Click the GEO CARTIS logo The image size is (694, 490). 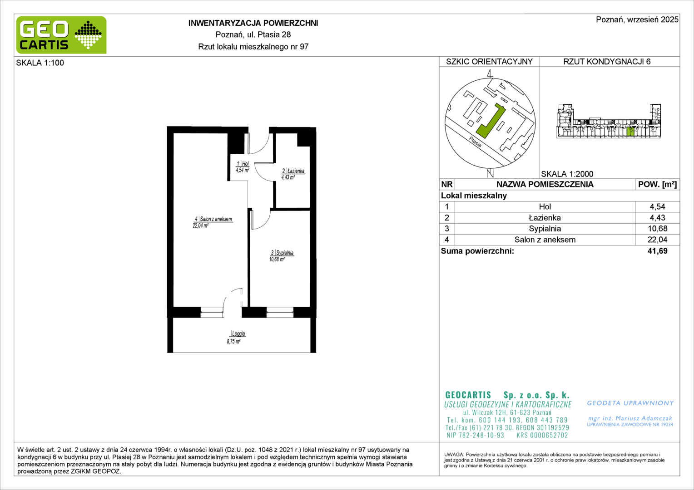pos(61,35)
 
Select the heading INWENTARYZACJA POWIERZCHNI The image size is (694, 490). pos(253,23)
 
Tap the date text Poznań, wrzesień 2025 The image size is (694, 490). pos(637,20)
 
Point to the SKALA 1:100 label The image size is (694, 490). pos(40,63)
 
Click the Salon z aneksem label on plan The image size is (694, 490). pos(216,219)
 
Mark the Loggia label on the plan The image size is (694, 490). pos(238,333)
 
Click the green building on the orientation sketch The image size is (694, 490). pos(490,122)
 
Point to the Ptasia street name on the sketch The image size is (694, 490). pos(475,142)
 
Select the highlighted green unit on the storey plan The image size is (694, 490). pos(630,132)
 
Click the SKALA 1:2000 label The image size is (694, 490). pos(567,174)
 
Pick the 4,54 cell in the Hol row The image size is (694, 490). pos(658,206)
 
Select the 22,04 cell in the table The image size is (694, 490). pos(658,240)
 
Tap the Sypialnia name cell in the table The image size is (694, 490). pos(545,228)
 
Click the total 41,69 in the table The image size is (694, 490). pos(658,251)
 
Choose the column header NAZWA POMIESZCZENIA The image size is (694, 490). pos(545,185)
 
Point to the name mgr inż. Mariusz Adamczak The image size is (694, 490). pos(630,418)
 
